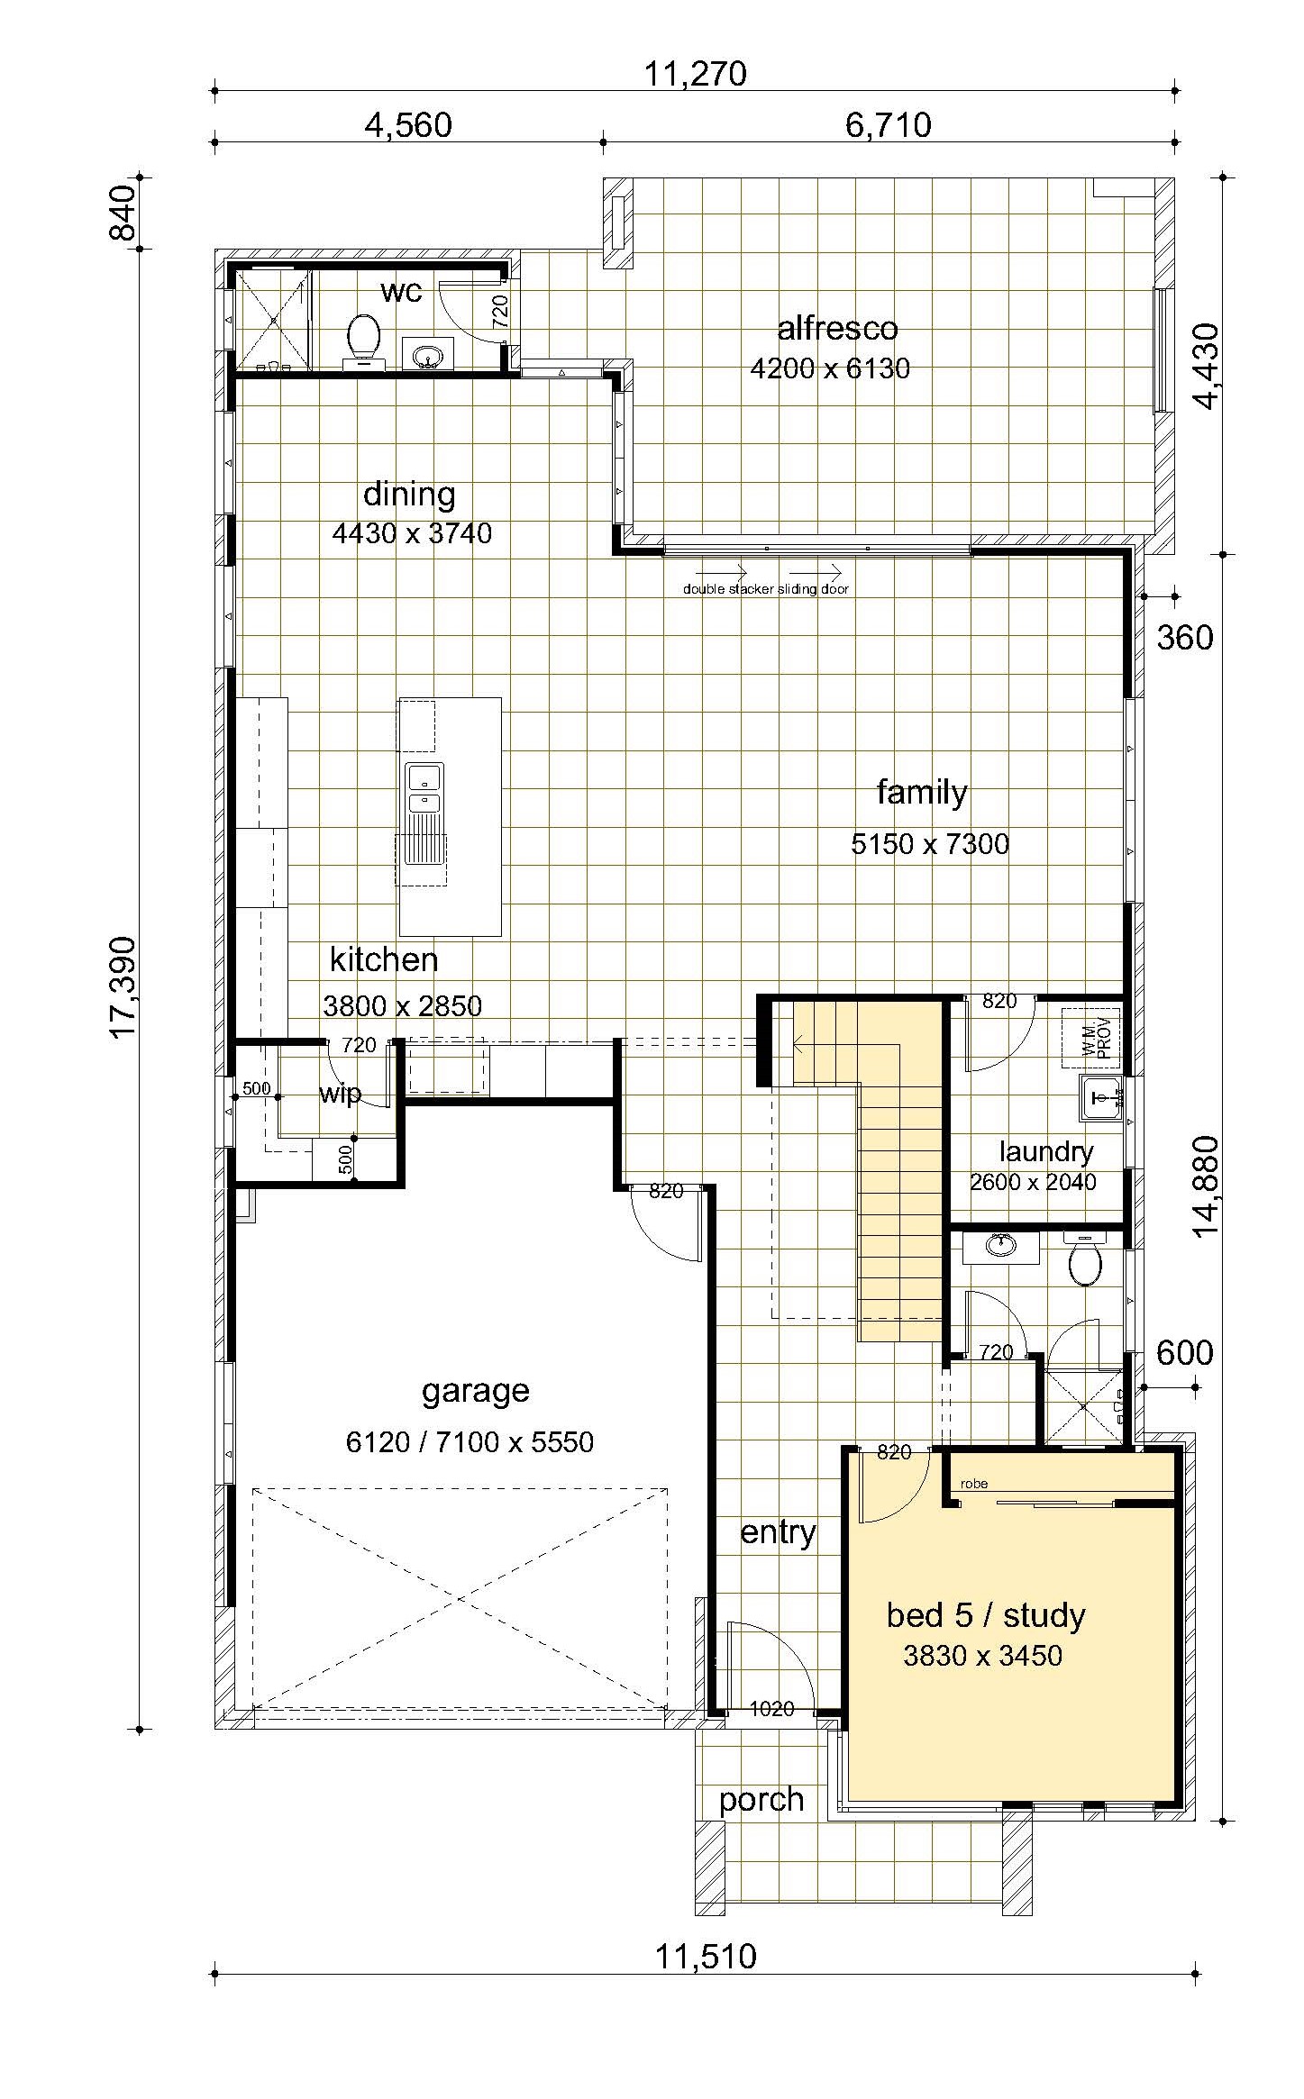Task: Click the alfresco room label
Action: tap(837, 328)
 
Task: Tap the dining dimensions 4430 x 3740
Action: tap(412, 533)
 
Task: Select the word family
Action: tap(922, 793)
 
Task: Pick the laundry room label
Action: tap(1046, 1150)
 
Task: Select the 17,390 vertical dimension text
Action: tap(123, 987)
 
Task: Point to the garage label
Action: tap(475, 1392)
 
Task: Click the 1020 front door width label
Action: tap(771, 1708)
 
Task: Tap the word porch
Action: tap(761, 1800)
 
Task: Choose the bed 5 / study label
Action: tap(986, 1614)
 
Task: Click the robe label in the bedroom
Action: tap(974, 1483)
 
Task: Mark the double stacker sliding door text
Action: tap(765, 589)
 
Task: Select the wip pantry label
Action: tap(340, 1094)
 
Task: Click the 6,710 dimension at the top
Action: tap(888, 124)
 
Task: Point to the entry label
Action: tap(778, 1531)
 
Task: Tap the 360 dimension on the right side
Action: tap(1185, 638)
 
